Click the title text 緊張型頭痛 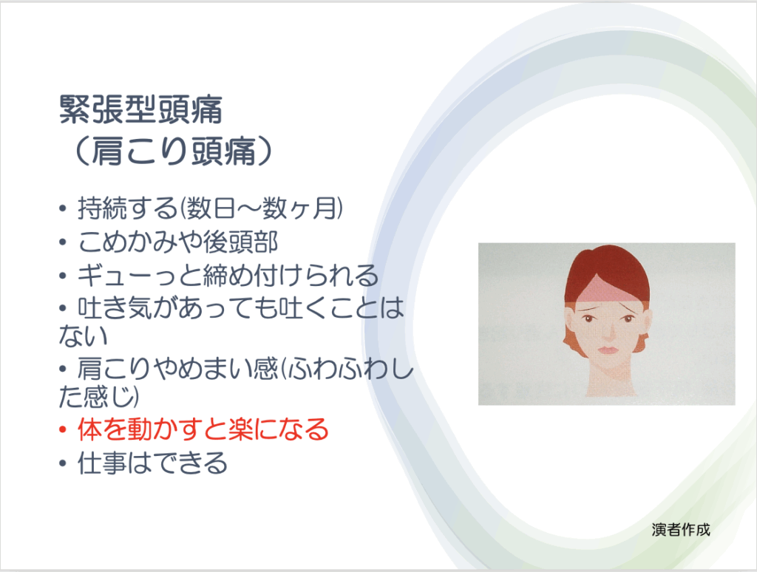click(x=140, y=109)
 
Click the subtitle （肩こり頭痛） click(x=172, y=151)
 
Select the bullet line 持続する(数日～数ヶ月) click(x=211, y=209)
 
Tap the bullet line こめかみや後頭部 click(x=177, y=242)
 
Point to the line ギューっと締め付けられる click(x=228, y=275)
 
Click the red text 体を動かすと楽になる click(x=203, y=429)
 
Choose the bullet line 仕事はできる click(x=152, y=463)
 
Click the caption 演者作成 click(x=681, y=530)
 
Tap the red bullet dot click(x=62, y=429)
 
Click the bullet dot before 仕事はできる click(x=62, y=463)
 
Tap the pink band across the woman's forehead click(x=605, y=292)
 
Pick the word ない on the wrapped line click(x=83, y=336)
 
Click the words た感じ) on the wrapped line click(x=99, y=396)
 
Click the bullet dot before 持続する click(x=62, y=209)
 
